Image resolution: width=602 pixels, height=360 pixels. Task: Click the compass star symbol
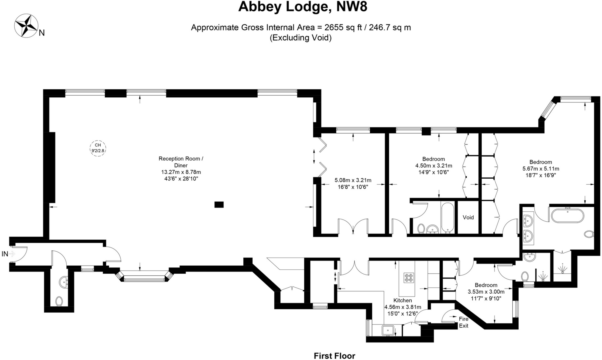pyautogui.click(x=26, y=26)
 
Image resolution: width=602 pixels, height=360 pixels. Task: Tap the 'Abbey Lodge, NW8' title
pyautogui.click(x=302, y=7)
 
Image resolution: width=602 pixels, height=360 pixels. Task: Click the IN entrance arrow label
pyautogui.click(x=8, y=254)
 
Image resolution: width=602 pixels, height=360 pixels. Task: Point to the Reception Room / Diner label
pyautogui.click(x=181, y=162)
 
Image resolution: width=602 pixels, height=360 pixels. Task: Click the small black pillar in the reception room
pyautogui.click(x=219, y=205)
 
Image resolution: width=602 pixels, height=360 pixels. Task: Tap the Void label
pyautogui.click(x=468, y=217)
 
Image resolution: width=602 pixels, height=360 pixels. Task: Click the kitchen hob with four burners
pyautogui.click(x=409, y=278)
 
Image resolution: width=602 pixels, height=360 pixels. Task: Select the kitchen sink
pyautogui.click(x=388, y=330)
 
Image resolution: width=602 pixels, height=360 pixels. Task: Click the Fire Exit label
pyautogui.click(x=463, y=322)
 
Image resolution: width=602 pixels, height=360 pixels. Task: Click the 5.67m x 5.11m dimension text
pyautogui.click(x=541, y=169)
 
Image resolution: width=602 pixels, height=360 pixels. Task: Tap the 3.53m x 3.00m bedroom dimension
pyautogui.click(x=486, y=292)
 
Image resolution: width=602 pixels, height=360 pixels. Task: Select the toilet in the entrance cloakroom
pyautogui.click(x=59, y=301)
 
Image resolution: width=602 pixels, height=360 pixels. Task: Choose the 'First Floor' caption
pyautogui.click(x=334, y=356)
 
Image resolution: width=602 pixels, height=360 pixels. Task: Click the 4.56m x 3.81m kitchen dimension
pyautogui.click(x=403, y=307)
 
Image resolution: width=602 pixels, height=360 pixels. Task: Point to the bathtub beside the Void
pyautogui.click(x=447, y=217)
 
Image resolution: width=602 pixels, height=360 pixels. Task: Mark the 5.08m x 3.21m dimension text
pyautogui.click(x=353, y=180)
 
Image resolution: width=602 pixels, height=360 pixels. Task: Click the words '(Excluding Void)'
pyautogui.click(x=301, y=38)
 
